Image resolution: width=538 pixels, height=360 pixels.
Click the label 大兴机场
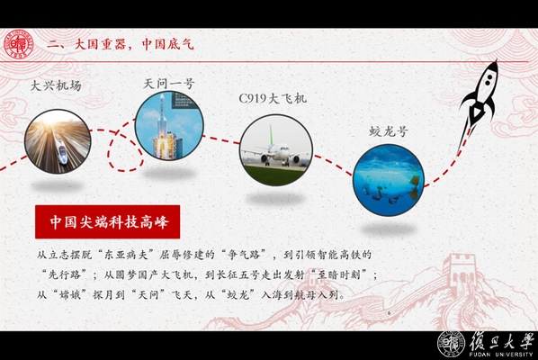56,85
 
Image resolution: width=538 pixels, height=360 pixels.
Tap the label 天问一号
169,84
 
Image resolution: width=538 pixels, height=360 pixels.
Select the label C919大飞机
273,98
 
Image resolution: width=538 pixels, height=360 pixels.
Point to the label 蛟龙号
389,131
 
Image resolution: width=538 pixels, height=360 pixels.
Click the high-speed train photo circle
58,141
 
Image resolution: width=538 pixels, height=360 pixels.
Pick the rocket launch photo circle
169,126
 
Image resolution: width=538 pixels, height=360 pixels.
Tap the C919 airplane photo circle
276,150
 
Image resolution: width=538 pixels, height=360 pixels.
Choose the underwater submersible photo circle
389,180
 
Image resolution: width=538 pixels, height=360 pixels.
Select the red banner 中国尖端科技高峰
107,221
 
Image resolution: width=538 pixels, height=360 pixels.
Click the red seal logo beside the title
19,45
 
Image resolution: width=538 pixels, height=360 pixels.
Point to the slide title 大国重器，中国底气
121,44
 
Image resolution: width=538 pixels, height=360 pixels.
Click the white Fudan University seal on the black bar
452,344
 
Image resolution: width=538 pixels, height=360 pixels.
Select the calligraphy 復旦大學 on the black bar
502,341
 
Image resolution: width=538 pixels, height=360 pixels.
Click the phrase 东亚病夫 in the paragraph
126,255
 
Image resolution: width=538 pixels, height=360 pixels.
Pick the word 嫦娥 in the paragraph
70,294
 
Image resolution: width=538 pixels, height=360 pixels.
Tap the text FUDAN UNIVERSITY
501,355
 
